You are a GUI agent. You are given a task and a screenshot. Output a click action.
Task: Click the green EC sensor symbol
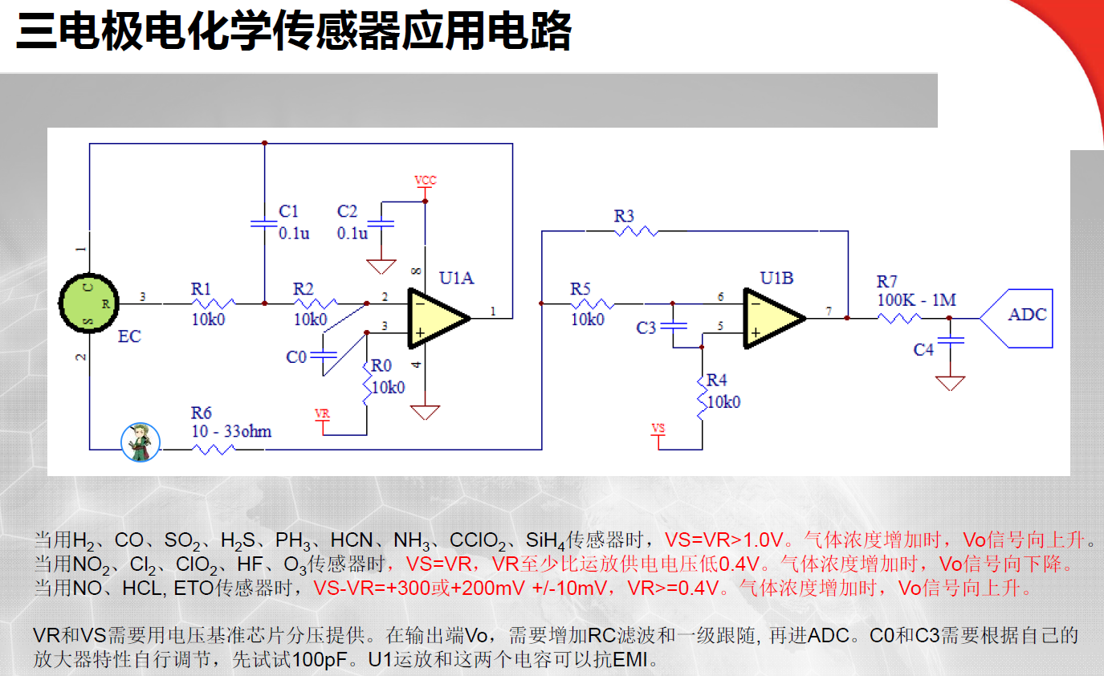click(88, 303)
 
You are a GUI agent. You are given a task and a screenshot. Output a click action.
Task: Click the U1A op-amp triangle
click(437, 318)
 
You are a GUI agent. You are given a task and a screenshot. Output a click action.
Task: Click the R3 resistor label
click(624, 215)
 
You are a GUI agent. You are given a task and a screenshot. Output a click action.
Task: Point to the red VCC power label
click(426, 181)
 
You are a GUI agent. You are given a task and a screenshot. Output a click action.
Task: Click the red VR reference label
click(322, 413)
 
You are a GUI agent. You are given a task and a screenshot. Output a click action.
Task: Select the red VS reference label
click(658, 428)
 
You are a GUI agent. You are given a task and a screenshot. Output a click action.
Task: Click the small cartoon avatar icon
click(141, 442)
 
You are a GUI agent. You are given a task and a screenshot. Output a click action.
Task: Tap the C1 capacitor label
click(288, 211)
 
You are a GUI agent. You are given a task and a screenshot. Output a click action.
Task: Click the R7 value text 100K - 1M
click(916, 299)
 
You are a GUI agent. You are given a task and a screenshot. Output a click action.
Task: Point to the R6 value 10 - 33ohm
click(231, 431)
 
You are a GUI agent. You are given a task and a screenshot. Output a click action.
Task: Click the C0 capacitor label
click(296, 356)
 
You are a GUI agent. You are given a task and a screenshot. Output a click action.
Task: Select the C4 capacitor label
click(924, 349)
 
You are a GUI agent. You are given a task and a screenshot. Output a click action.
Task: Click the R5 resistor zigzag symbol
click(593, 304)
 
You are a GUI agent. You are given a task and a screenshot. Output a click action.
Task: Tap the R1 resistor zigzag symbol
click(213, 304)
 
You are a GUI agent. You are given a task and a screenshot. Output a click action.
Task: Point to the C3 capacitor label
click(646, 328)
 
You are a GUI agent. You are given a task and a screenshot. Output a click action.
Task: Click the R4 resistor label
click(717, 380)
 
